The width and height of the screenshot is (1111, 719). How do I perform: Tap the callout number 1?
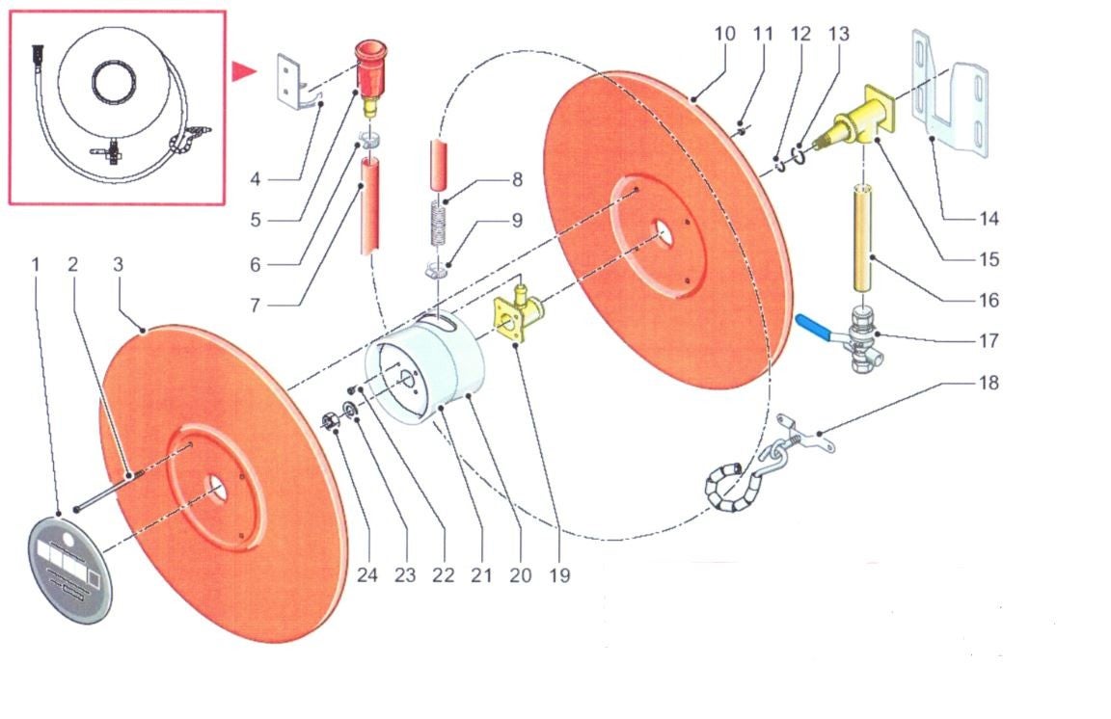(x=37, y=263)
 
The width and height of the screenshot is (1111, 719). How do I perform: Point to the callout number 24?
(x=366, y=575)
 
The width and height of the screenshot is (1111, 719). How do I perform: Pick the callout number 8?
(x=517, y=179)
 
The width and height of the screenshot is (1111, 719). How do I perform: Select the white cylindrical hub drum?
(x=424, y=370)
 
